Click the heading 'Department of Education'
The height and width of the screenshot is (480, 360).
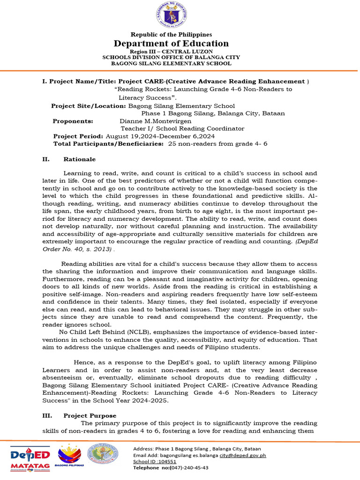click(x=171, y=44)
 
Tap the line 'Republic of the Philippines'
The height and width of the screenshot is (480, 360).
click(x=171, y=35)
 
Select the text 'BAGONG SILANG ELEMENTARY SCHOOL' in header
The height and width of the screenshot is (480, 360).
click(x=171, y=63)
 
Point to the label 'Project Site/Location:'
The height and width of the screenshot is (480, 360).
click(x=85, y=106)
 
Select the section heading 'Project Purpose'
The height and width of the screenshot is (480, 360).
click(x=90, y=416)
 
